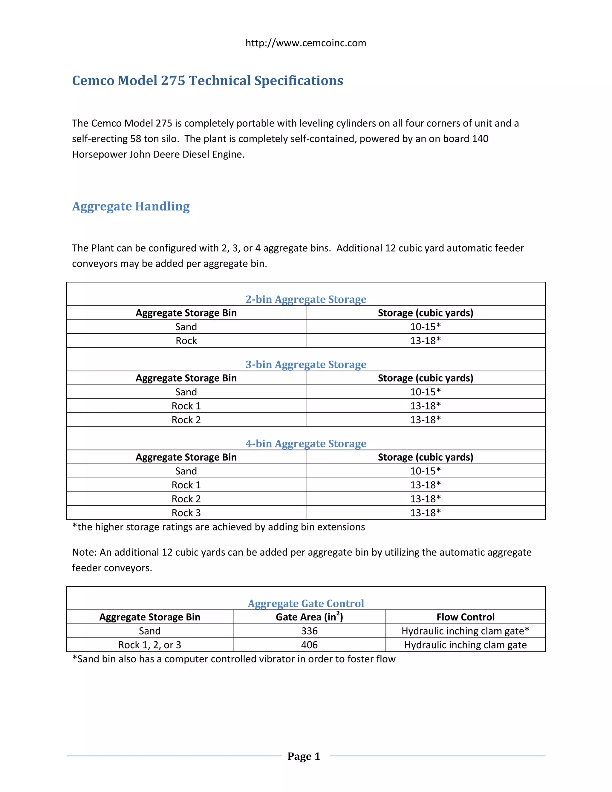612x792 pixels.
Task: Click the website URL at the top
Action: tap(306, 43)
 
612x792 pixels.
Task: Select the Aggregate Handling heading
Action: tap(131, 206)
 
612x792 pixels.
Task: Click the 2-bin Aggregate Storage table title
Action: tap(306, 299)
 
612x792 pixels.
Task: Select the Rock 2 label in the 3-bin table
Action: tap(186, 420)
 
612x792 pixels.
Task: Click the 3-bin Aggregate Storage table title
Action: tap(306, 364)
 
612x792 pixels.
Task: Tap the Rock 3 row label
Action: tap(186, 513)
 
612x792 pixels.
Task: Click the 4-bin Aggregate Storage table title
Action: tap(306, 444)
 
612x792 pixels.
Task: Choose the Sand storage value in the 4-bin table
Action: tap(425, 471)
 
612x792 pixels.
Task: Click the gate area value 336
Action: tap(309, 631)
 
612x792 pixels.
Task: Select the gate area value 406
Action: tap(309, 645)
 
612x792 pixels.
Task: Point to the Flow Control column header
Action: tap(465, 617)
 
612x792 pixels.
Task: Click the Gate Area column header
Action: tap(309, 617)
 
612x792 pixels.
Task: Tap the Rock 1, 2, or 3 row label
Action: tap(149, 645)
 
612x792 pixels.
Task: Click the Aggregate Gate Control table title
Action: tap(306, 603)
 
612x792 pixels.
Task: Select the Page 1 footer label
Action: tap(304, 756)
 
